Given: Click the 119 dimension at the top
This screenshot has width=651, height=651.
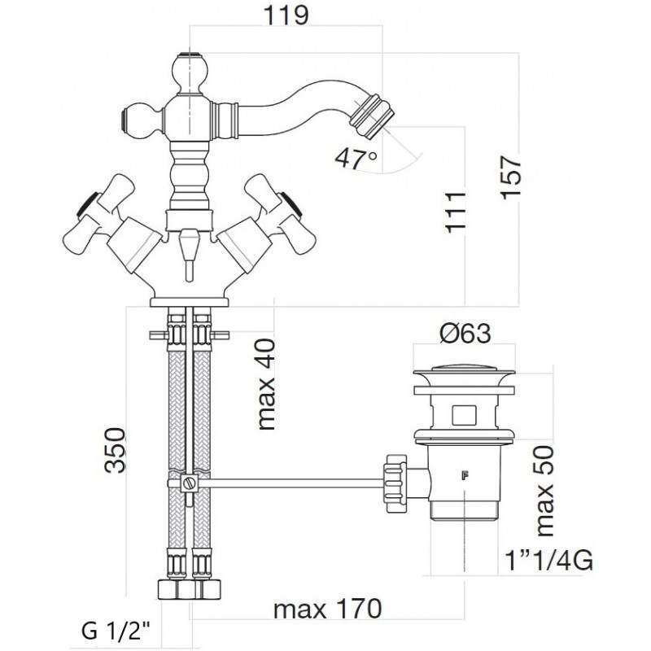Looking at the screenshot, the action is [286, 15].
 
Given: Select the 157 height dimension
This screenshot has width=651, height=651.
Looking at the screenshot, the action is [510, 177].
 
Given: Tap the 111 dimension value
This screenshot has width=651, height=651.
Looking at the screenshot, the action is [456, 212].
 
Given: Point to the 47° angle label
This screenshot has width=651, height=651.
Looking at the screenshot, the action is [356, 158].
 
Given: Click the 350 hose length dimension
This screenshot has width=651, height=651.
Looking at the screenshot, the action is [114, 450].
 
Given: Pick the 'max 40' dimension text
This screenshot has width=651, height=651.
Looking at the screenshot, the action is [266, 384].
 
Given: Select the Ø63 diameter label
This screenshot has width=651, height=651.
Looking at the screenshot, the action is [465, 333].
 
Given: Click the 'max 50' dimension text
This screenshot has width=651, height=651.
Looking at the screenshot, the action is [545, 492].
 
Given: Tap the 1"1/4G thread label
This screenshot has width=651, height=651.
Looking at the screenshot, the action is [548, 561].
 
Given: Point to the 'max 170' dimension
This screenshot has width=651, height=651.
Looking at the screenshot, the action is [327, 609].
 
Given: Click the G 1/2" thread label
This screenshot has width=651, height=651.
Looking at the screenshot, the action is [116, 631].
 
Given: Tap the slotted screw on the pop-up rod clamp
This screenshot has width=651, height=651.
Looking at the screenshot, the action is [189, 483].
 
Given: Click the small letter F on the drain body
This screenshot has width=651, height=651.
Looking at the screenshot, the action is [462, 475].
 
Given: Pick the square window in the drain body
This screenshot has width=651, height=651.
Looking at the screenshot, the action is [463, 414].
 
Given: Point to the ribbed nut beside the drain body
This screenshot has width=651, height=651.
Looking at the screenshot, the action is [395, 483].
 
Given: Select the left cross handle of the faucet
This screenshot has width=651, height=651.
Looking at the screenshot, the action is [99, 216].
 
